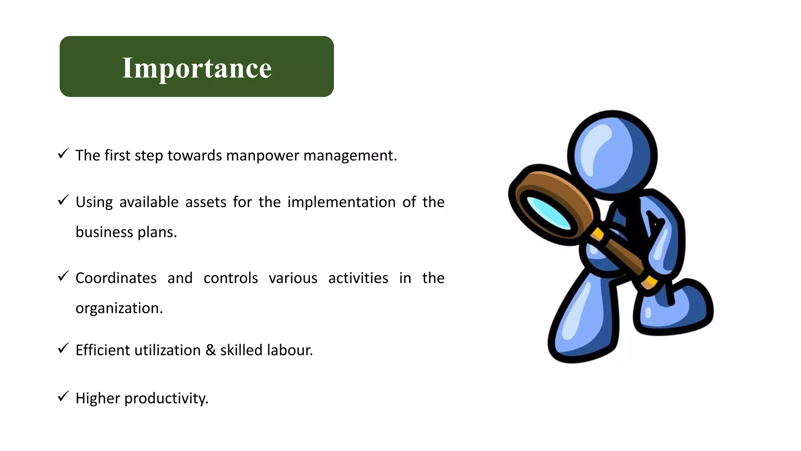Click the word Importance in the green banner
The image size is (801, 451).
coord(197,68)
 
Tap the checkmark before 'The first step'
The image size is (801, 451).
coord(63,153)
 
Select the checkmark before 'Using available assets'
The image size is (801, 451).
coord(63,200)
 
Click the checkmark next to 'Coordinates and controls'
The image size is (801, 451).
coord(63,276)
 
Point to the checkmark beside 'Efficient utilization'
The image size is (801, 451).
coord(63,348)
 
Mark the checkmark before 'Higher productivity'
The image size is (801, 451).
coord(63,396)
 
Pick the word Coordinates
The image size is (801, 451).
coord(116,278)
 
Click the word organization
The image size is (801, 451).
coord(119,308)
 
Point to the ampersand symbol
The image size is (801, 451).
coord(210,350)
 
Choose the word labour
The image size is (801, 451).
coord(289,350)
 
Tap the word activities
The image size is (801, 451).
coord(358,278)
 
